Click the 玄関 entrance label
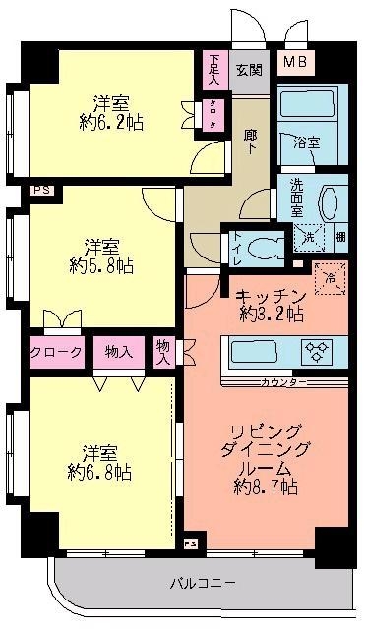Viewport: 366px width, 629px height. (249, 71)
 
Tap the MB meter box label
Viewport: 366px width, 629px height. (294, 65)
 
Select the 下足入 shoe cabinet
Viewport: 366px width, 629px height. (214, 68)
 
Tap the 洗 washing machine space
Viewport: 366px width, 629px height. (309, 237)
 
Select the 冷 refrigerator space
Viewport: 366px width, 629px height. (331, 277)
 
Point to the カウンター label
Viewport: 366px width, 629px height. (283, 380)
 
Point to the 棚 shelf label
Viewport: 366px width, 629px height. (340, 236)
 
